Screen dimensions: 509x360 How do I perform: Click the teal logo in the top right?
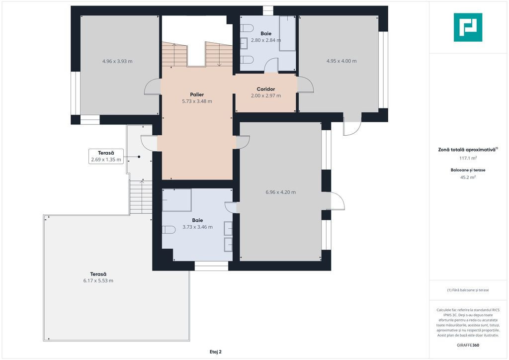pyautogui.click(x=468, y=27)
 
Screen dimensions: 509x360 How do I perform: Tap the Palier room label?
pyautogui.click(x=197, y=94)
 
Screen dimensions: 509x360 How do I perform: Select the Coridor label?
pyautogui.click(x=266, y=89)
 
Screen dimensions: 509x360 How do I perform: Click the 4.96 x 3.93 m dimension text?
pyautogui.click(x=117, y=61)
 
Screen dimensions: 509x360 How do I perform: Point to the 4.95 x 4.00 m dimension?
pyautogui.click(x=341, y=61)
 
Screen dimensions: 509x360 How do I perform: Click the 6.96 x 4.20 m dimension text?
pyautogui.click(x=280, y=192)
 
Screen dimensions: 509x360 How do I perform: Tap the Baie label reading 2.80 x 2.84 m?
pyautogui.click(x=266, y=37)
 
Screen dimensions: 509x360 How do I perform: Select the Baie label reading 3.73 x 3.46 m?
pyautogui.click(x=197, y=223)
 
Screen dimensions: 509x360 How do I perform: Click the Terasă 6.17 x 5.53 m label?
pyautogui.click(x=98, y=277)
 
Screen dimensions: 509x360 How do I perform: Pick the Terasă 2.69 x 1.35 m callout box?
pyautogui.click(x=106, y=156)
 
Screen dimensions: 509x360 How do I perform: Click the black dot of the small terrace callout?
pyautogui.click(x=139, y=157)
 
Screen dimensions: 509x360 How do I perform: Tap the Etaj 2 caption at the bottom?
pyautogui.click(x=216, y=352)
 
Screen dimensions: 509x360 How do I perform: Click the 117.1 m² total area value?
pyautogui.click(x=468, y=158)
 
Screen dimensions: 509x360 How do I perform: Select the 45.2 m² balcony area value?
pyautogui.click(x=468, y=177)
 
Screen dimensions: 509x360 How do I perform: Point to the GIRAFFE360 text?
pyautogui.click(x=468, y=345)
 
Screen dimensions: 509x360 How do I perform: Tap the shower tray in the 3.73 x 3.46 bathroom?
pyautogui.click(x=177, y=200)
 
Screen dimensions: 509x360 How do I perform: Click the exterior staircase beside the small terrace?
pyautogui.click(x=141, y=197)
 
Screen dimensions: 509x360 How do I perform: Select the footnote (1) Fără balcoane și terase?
pyautogui.click(x=468, y=290)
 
